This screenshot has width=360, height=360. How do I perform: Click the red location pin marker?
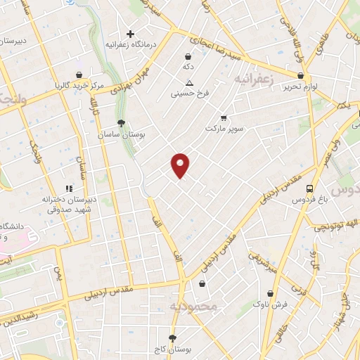point(181,165)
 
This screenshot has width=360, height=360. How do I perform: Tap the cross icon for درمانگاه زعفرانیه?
point(130,33)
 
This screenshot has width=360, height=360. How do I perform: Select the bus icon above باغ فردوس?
point(309,188)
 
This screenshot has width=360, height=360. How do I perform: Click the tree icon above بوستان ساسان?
point(122,122)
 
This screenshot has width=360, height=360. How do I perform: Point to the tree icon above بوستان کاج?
point(172,338)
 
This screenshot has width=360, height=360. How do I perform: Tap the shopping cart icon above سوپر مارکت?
point(224,117)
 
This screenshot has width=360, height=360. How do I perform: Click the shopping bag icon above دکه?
point(188,56)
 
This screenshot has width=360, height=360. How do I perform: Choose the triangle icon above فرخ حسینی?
point(188,82)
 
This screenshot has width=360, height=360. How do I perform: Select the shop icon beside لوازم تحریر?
point(301,75)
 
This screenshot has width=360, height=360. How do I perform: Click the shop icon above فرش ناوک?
point(271,294)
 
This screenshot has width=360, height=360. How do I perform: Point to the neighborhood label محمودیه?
point(195,307)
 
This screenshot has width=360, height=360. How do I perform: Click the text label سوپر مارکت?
point(223,129)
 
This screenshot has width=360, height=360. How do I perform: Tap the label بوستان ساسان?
point(122,134)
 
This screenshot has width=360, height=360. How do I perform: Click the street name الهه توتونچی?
point(334,225)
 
